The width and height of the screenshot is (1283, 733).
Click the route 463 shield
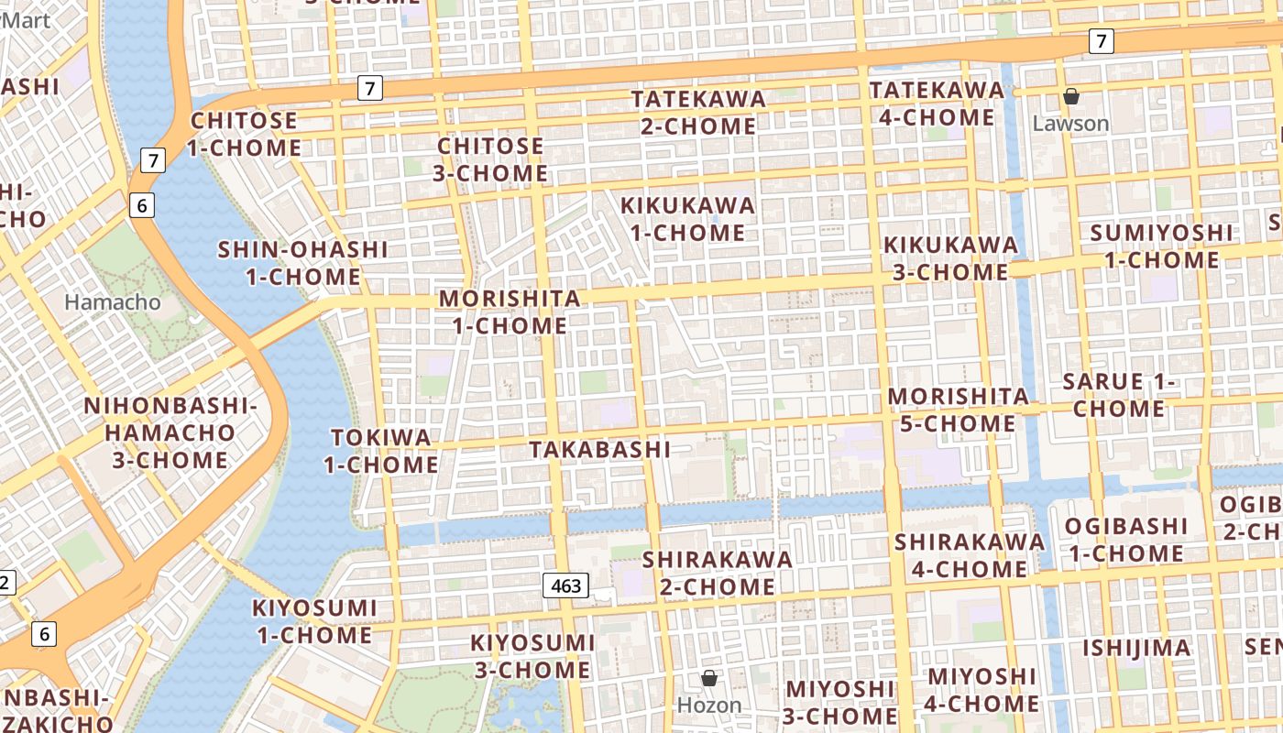pos(565,585)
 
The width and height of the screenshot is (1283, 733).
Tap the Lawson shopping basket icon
pos(1070,96)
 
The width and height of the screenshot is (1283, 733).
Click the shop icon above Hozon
pos(708,678)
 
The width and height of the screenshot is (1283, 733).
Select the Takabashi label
pos(599,449)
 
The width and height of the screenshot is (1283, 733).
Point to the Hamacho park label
pos(112,301)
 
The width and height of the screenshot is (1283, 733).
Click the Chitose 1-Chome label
pos(244,134)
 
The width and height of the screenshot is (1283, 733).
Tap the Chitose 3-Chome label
pos(492,159)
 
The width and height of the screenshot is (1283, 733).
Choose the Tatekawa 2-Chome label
pos(698,112)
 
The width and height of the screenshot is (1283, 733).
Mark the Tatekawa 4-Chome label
pos(937,104)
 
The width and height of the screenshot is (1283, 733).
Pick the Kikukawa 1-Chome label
pos(688,218)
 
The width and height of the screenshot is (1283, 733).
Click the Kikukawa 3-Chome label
pos(950,258)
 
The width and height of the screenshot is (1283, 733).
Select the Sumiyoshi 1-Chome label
pos(1161,246)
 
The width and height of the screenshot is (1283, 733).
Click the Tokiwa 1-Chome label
pos(380,451)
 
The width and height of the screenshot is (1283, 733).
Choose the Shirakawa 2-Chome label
pos(718,572)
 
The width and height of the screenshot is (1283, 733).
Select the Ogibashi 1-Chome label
pos(1126,540)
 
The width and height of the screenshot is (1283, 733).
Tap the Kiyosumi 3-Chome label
pos(532,656)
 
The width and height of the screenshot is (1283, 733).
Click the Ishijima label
pos(1136,648)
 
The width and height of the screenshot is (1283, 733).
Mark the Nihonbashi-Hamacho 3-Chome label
pos(170,432)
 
